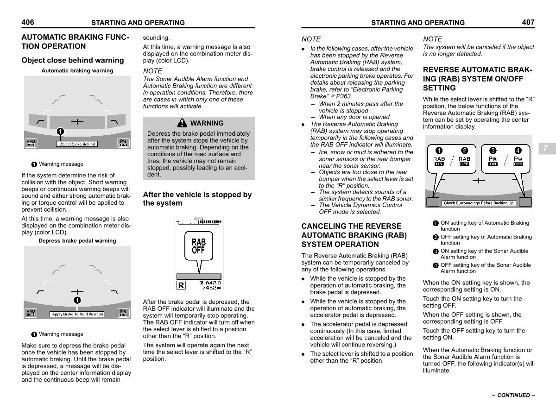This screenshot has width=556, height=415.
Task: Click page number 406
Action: click(x=28, y=22)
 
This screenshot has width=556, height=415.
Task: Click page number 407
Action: click(x=528, y=22)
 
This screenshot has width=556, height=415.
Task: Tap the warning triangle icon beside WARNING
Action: click(x=183, y=123)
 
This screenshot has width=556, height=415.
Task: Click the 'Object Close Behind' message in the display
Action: click(x=77, y=144)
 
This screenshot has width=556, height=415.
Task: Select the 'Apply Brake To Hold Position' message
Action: click(x=77, y=314)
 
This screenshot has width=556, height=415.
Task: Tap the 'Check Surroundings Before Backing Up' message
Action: click(x=479, y=203)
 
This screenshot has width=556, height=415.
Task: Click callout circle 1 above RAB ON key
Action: click(x=439, y=150)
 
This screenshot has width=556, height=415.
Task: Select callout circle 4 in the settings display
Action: click(x=518, y=150)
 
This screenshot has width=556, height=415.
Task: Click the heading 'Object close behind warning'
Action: click(x=73, y=60)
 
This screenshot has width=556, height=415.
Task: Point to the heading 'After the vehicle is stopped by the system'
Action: click(x=197, y=199)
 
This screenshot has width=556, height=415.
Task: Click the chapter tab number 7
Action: click(x=545, y=148)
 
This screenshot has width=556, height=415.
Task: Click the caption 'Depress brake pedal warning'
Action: click(x=77, y=241)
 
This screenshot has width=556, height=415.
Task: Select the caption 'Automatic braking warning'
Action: click(x=77, y=71)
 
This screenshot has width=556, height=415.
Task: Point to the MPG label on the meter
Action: click(x=198, y=219)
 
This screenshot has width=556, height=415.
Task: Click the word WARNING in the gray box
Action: click(x=207, y=123)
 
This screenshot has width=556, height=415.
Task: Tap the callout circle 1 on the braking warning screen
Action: click(x=60, y=132)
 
